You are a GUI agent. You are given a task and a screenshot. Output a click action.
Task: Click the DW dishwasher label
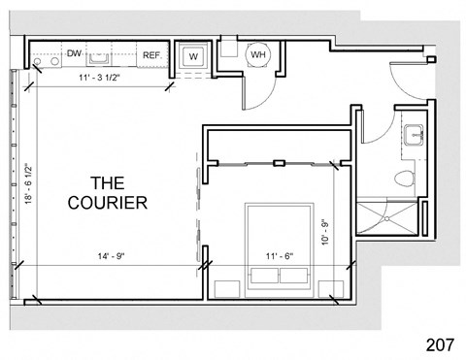(74, 55)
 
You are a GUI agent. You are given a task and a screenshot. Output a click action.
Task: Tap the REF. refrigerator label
(151, 56)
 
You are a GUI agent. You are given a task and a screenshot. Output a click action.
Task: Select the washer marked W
(193, 56)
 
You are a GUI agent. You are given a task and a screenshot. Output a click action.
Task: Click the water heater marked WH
(258, 55)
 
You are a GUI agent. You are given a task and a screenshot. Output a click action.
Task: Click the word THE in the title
(108, 181)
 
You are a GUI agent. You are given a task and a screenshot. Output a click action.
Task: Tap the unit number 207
(442, 343)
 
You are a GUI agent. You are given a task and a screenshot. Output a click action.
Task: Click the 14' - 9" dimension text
(111, 256)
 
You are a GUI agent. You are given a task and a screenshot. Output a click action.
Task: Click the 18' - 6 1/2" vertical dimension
(30, 186)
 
